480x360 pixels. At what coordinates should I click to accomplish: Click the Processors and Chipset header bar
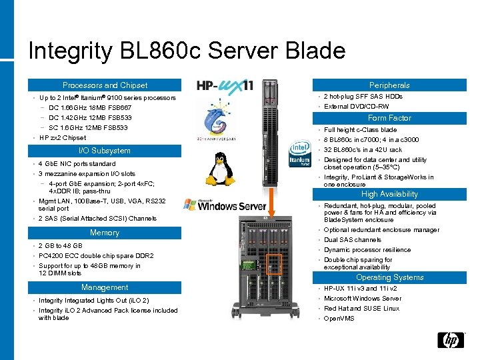(105, 85)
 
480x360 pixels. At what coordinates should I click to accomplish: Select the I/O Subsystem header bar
(105, 151)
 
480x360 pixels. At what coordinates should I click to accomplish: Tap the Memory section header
(105, 233)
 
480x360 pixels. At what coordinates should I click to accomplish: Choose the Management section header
(105, 287)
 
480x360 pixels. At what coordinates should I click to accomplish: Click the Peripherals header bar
(390, 85)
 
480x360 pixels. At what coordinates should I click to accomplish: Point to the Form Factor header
(390, 118)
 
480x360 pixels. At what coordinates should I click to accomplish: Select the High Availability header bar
(390, 194)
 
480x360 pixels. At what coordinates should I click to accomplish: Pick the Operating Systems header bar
(390, 277)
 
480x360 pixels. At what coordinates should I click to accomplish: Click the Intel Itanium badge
(297, 157)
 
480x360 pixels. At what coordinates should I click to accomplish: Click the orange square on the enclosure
(273, 265)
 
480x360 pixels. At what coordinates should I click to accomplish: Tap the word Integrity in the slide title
(70, 51)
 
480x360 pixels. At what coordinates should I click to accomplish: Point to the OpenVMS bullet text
(340, 319)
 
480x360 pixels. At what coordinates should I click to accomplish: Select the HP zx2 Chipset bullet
(63, 138)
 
